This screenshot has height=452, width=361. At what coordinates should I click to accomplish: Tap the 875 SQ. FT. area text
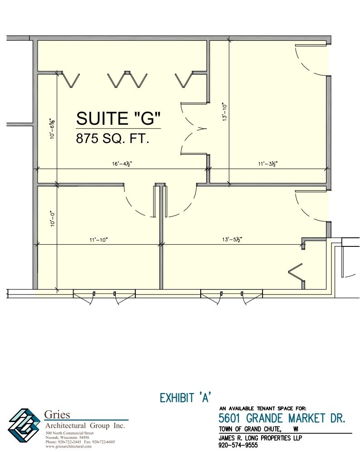point(113,138)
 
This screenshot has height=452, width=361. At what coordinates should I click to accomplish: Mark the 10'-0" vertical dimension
point(53,218)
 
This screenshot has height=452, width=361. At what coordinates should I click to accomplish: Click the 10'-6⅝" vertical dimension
point(53,128)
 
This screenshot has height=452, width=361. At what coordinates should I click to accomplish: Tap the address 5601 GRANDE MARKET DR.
point(282,418)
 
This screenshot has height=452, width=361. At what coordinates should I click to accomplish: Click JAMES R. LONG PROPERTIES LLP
point(260,438)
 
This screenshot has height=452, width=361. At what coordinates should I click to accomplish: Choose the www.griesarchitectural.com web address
point(69,447)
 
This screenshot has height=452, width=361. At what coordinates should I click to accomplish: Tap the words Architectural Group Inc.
point(85,426)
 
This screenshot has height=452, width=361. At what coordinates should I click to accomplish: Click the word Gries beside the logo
point(58,415)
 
